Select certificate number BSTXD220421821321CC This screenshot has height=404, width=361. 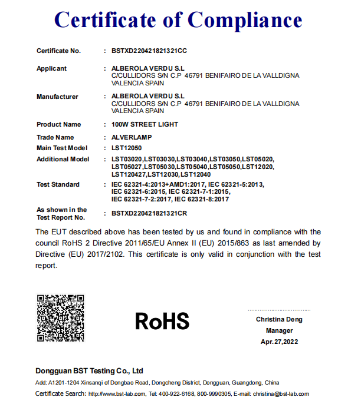(149, 51)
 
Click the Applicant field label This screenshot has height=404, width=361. (51, 68)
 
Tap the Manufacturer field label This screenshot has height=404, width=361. (57, 97)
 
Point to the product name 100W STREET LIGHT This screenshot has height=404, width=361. (145, 125)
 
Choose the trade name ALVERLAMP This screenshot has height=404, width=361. (132, 137)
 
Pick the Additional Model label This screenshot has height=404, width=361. (63, 159)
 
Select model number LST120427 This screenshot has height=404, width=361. (128, 174)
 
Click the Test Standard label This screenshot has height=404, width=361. (58, 184)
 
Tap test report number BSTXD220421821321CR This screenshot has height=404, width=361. (149, 213)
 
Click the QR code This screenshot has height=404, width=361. (61, 317)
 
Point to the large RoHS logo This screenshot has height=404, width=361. (162, 321)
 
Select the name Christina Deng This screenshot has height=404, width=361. (279, 319)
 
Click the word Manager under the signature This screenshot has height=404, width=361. (279, 330)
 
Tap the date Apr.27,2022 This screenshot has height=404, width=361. (279, 342)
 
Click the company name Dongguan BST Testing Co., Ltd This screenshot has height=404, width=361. (90, 371)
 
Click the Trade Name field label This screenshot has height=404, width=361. (55, 137)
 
